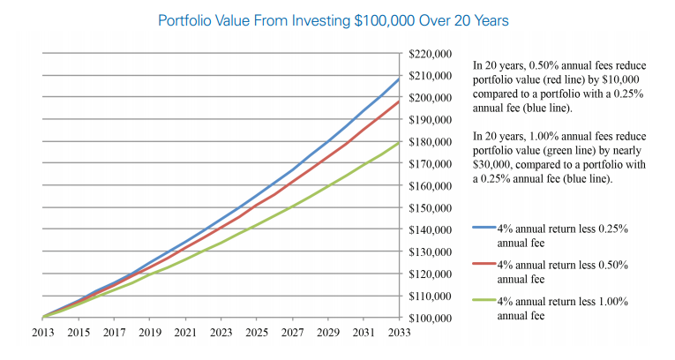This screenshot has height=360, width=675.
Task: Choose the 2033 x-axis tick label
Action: [x=400, y=334]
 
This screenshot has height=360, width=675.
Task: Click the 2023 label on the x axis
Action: [x=221, y=334]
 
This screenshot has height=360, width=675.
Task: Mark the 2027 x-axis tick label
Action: [x=293, y=334]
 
